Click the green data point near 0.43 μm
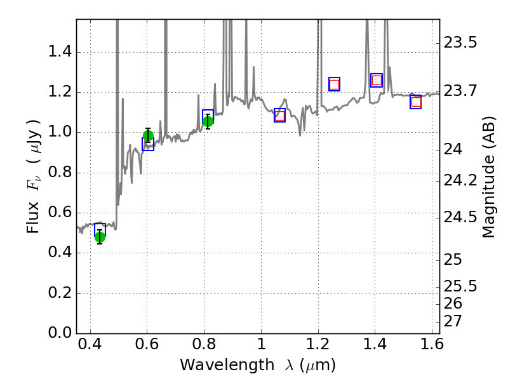tap(100, 237)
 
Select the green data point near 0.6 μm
tap(148, 135)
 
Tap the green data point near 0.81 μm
tap(208, 121)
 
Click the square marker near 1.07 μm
tap(279, 115)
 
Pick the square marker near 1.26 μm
tap(334, 84)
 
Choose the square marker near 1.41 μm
tap(377, 80)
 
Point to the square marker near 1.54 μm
tap(416, 102)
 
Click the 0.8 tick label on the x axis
tap(204, 347)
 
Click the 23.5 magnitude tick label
tap(460, 43)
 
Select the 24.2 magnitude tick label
tap(460, 180)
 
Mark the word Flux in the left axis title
tap(33, 214)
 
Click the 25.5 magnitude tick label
tap(460, 286)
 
